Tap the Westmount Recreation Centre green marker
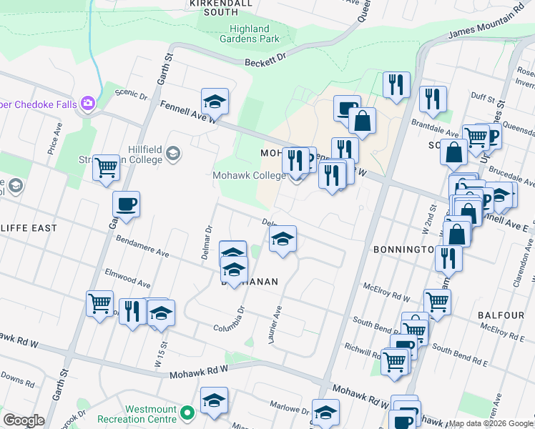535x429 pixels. (187, 413)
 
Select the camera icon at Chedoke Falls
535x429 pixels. (88, 103)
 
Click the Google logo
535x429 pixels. (24, 420)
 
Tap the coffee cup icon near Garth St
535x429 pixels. (126, 204)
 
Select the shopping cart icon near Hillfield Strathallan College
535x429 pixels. (106, 168)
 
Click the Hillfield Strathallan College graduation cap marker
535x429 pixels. (172, 152)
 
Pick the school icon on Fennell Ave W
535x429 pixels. (214, 102)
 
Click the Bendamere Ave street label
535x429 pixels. (142, 248)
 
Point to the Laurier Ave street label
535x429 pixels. (275, 324)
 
